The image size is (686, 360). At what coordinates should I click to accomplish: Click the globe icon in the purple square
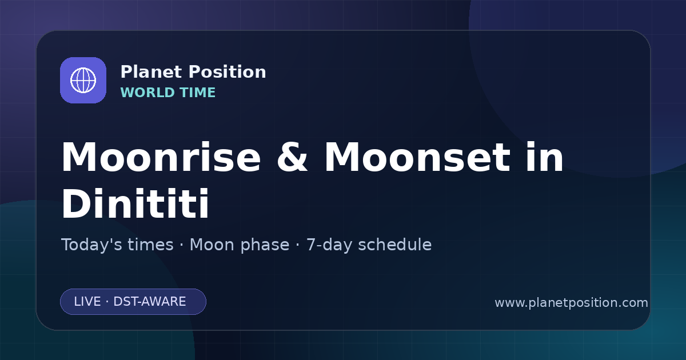pos(83,80)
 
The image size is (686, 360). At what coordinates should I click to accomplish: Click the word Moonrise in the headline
pos(161,157)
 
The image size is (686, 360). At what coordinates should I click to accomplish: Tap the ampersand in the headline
pos(292,157)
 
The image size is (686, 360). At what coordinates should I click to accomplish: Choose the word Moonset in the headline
pos(417,157)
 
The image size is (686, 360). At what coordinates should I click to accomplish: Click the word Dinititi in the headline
pos(135,203)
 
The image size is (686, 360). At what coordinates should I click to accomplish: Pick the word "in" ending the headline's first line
pos(544,157)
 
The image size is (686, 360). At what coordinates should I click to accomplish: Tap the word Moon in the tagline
pos(212,245)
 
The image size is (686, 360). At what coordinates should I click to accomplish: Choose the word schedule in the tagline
pos(395,245)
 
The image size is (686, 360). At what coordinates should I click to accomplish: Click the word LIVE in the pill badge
pos(87,302)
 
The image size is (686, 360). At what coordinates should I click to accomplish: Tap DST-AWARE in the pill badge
pos(149,302)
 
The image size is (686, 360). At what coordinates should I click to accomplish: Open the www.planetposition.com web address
pos(572,303)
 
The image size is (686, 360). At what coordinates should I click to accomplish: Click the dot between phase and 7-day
pos(298,245)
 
